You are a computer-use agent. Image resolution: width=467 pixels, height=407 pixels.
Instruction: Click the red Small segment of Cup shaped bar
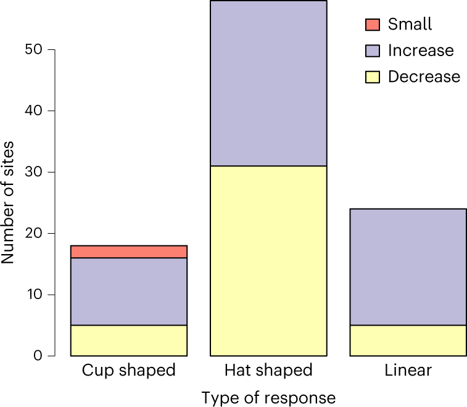pyautogui.click(x=129, y=252)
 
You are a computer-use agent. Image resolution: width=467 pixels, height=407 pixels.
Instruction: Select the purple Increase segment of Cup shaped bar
pyautogui.click(x=129, y=291)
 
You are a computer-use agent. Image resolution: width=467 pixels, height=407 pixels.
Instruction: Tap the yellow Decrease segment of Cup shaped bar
pyautogui.click(x=129, y=340)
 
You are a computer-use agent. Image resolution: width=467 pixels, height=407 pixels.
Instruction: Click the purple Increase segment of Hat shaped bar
pyautogui.click(x=268, y=83)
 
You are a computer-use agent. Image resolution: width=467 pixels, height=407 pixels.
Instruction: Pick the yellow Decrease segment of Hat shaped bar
pyautogui.click(x=268, y=261)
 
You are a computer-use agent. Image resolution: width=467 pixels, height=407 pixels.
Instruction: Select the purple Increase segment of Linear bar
pyautogui.click(x=408, y=266)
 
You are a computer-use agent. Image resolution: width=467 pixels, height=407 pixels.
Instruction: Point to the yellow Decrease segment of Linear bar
pyautogui.click(x=408, y=340)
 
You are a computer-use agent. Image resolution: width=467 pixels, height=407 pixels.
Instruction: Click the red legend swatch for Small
pyautogui.click(x=372, y=25)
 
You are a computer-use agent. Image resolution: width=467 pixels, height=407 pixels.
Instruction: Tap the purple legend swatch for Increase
pyautogui.click(x=372, y=51)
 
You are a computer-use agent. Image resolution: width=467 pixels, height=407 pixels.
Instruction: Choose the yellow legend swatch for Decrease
pyautogui.click(x=372, y=76)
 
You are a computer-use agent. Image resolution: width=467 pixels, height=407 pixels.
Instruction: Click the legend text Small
pyautogui.click(x=410, y=25)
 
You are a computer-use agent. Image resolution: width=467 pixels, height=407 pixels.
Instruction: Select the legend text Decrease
pyautogui.click(x=424, y=76)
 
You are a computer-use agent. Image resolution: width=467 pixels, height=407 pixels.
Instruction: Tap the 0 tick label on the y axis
pyautogui.click(x=38, y=356)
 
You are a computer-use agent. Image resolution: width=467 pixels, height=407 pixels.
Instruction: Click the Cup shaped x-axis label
pyautogui.click(x=129, y=371)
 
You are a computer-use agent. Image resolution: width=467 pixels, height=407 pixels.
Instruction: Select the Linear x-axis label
pyautogui.click(x=408, y=371)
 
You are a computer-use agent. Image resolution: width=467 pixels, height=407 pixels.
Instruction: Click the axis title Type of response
pyautogui.click(x=268, y=398)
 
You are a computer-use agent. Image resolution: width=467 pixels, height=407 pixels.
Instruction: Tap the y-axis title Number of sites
pyautogui.click(x=9, y=203)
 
